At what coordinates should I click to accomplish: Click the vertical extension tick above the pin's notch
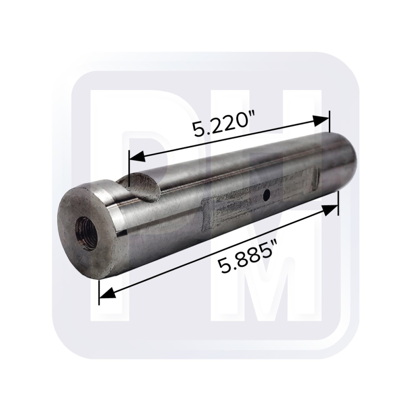pos(129,169)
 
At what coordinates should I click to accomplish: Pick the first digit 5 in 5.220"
pos(200,131)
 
